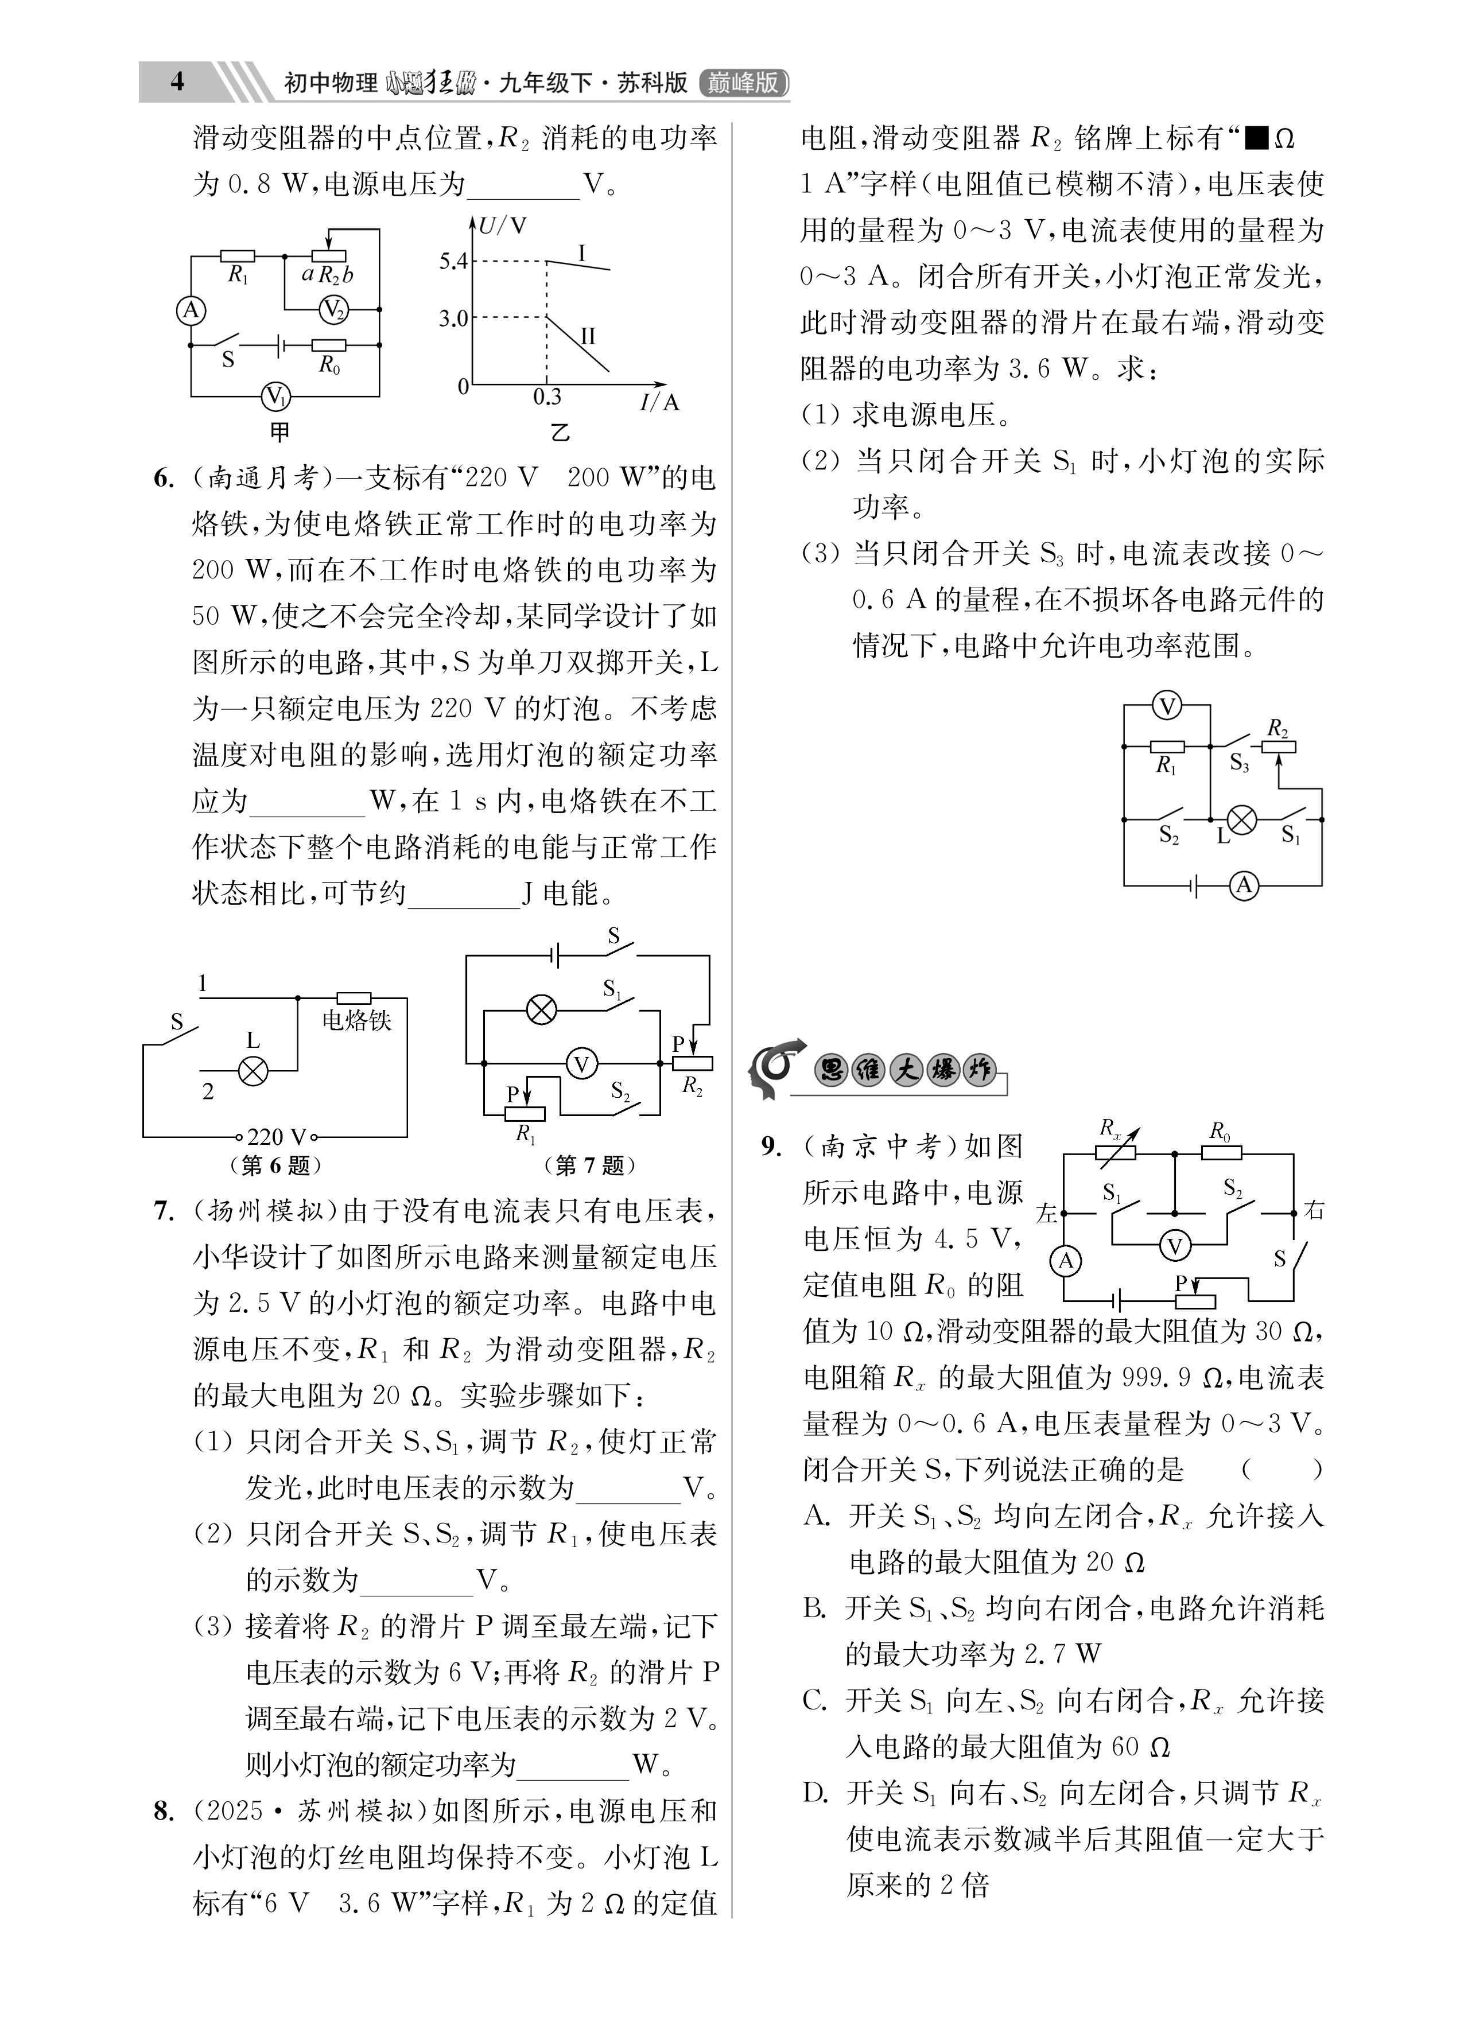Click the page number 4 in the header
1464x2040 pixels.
tap(177, 82)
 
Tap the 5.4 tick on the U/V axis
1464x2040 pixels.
tap(453, 262)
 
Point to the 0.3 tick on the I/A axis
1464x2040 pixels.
tap(546, 397)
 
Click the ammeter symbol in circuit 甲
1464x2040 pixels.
tap(191, 310)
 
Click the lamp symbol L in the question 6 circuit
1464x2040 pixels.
tap(254, 1070)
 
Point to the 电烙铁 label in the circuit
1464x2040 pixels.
tap(357, 1020)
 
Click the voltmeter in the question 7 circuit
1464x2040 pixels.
tap(581, 1064)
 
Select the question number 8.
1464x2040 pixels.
tap(163, 1810)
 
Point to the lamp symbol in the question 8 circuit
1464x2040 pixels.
tap(1242, 819)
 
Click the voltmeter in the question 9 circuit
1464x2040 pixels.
tap(1174, 1246)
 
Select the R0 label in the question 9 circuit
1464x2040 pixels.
tap(1220, 1132)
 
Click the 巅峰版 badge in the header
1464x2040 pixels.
tap(743, 83)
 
